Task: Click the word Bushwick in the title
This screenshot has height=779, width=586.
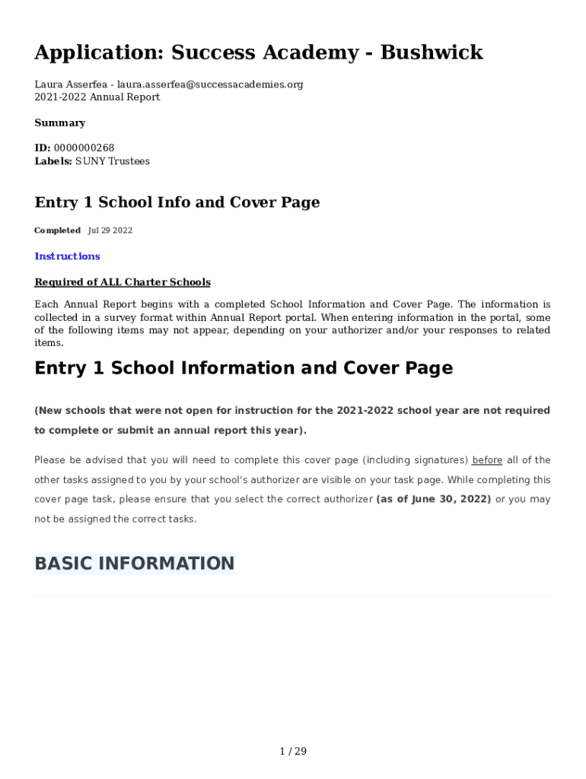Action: pyautogui.click(x=432, y=52)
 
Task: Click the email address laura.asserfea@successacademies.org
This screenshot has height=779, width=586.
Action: pyautogui.click(x=209, y=84)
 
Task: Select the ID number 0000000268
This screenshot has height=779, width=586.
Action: pyautogui.click(x=84, y=148)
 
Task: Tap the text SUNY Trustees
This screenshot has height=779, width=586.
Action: pyautogui.click(x=113, y=161)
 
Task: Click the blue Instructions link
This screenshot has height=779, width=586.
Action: pyautogui.click(x=67, y=256)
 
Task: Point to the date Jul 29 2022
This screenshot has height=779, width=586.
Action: pyautogui.click(x=110, y=231)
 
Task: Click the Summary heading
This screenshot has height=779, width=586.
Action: pyautogui.click(x=59, y=122)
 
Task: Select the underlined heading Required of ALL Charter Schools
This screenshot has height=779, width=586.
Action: pyautogui.click(x=123, y=282)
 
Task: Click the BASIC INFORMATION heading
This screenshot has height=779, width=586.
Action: pyautogui.click(x=134, y=564)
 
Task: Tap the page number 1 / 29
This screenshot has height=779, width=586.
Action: pyautogui.click(x=293, y=752)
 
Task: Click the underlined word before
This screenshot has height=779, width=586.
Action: pyautogui.click(x=487, y=460)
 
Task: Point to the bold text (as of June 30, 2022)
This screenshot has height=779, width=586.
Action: pyautogui.click(x=434, y=500)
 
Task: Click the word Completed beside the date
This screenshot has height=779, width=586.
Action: pyautogui.click(x=57, y=231)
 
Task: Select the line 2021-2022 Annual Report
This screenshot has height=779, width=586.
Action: pyautogui.click(x=97, y=97)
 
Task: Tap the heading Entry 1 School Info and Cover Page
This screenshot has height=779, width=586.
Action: pyautogui.click(x=177, y=202)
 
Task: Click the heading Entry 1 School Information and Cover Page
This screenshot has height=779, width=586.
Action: pyautogui.click(x=244, y=368)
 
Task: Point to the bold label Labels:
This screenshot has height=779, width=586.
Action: pyautogui.click(x=53, y=161)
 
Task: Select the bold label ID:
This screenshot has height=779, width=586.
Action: pyautogui.click(x=43, y=148)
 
